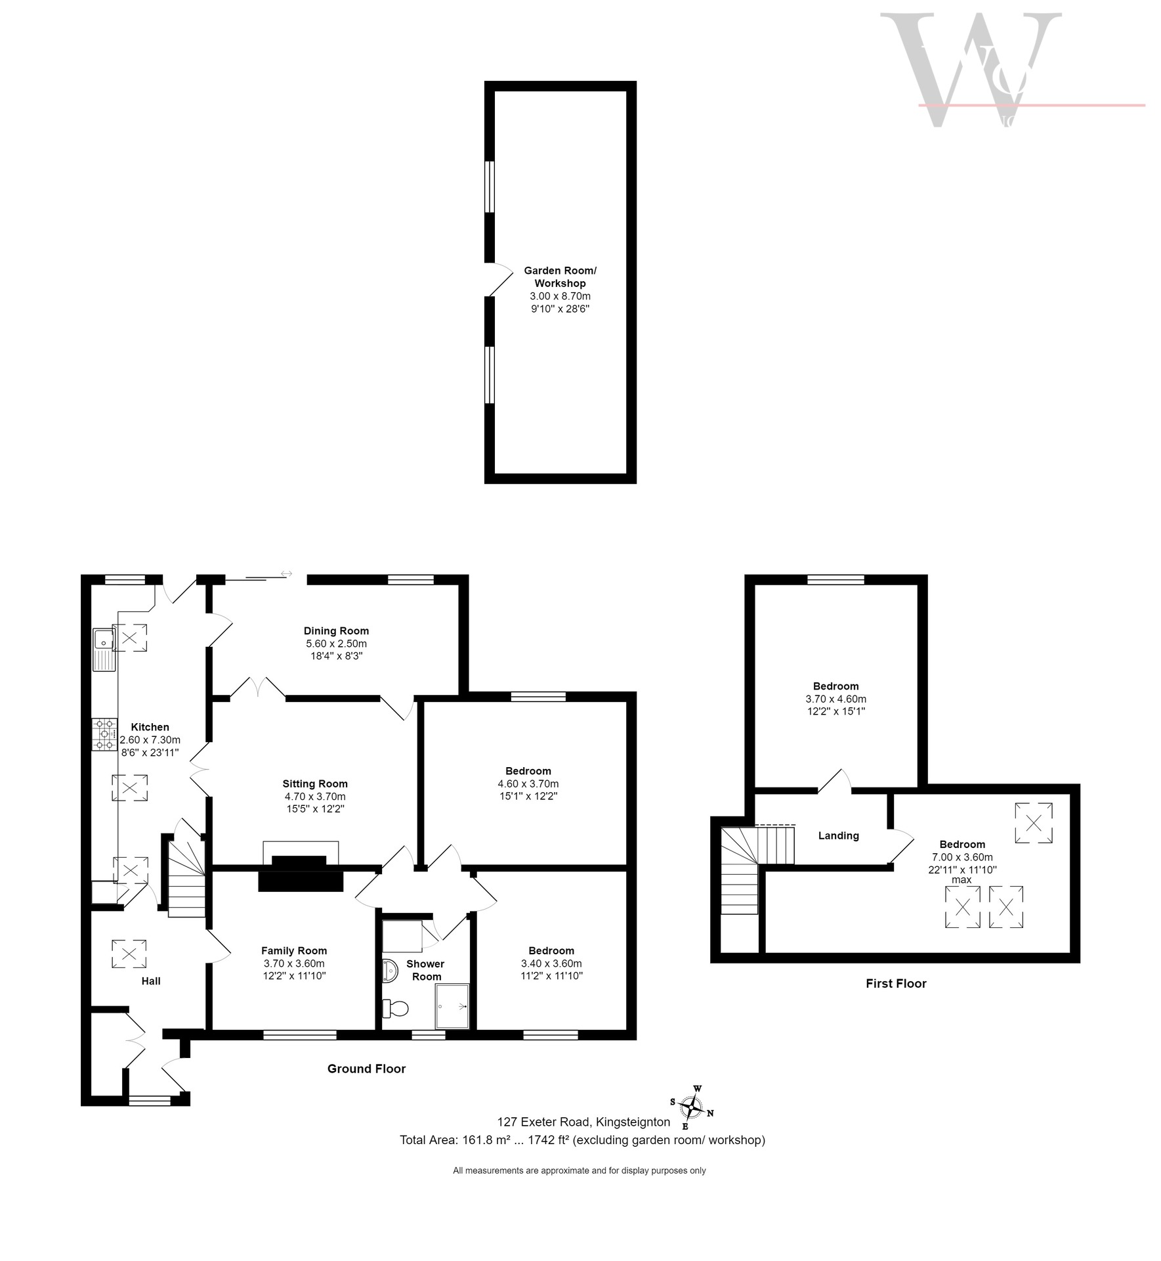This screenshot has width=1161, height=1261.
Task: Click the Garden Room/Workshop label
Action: point(560,277)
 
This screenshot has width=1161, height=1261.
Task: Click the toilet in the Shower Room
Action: point(395,1007)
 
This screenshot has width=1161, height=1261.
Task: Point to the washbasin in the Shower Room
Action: point(389,971)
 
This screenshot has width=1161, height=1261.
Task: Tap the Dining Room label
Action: point(336,631)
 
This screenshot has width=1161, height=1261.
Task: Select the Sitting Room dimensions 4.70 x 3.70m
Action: point(315,796)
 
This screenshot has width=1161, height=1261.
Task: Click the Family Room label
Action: point(294,950)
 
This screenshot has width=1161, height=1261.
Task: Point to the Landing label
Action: point(838,835)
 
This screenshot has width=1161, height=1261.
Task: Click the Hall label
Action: point(151,981)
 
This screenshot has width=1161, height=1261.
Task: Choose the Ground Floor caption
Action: point(366,1069)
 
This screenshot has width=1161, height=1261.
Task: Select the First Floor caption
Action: point(896,983)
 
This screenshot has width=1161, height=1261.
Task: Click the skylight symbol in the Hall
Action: point(129,954)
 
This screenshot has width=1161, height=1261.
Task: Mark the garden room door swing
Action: point(500,279)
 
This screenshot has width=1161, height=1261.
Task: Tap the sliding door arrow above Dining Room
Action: point(286,574)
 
